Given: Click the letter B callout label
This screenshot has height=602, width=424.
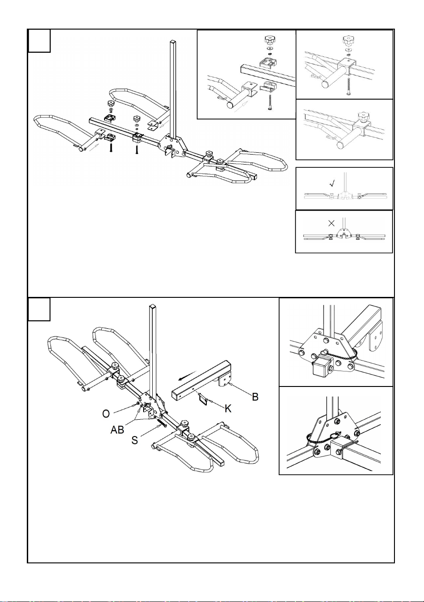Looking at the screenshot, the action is (255, 396).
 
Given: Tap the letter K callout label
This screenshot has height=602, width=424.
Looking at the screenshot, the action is (228, 408).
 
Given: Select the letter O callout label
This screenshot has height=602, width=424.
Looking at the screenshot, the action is (106, 414).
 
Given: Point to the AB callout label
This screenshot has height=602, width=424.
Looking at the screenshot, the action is (117, 430).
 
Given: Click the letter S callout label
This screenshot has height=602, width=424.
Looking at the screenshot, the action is (135, 440).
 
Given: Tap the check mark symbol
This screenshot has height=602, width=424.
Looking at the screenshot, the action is (332, 184).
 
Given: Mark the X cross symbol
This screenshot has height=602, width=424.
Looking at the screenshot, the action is (332, 223).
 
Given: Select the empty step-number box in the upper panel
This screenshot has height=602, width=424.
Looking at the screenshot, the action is (39, 40).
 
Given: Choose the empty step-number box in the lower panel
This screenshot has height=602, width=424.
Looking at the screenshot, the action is (39, 309).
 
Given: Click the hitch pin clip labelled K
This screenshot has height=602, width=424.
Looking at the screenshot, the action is (204, 401).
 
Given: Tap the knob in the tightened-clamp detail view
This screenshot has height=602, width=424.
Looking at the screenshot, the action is (363, 117).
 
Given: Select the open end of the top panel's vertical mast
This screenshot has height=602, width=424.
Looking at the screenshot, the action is (173, 42).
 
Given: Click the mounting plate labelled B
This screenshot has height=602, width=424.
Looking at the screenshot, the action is (224, 381).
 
